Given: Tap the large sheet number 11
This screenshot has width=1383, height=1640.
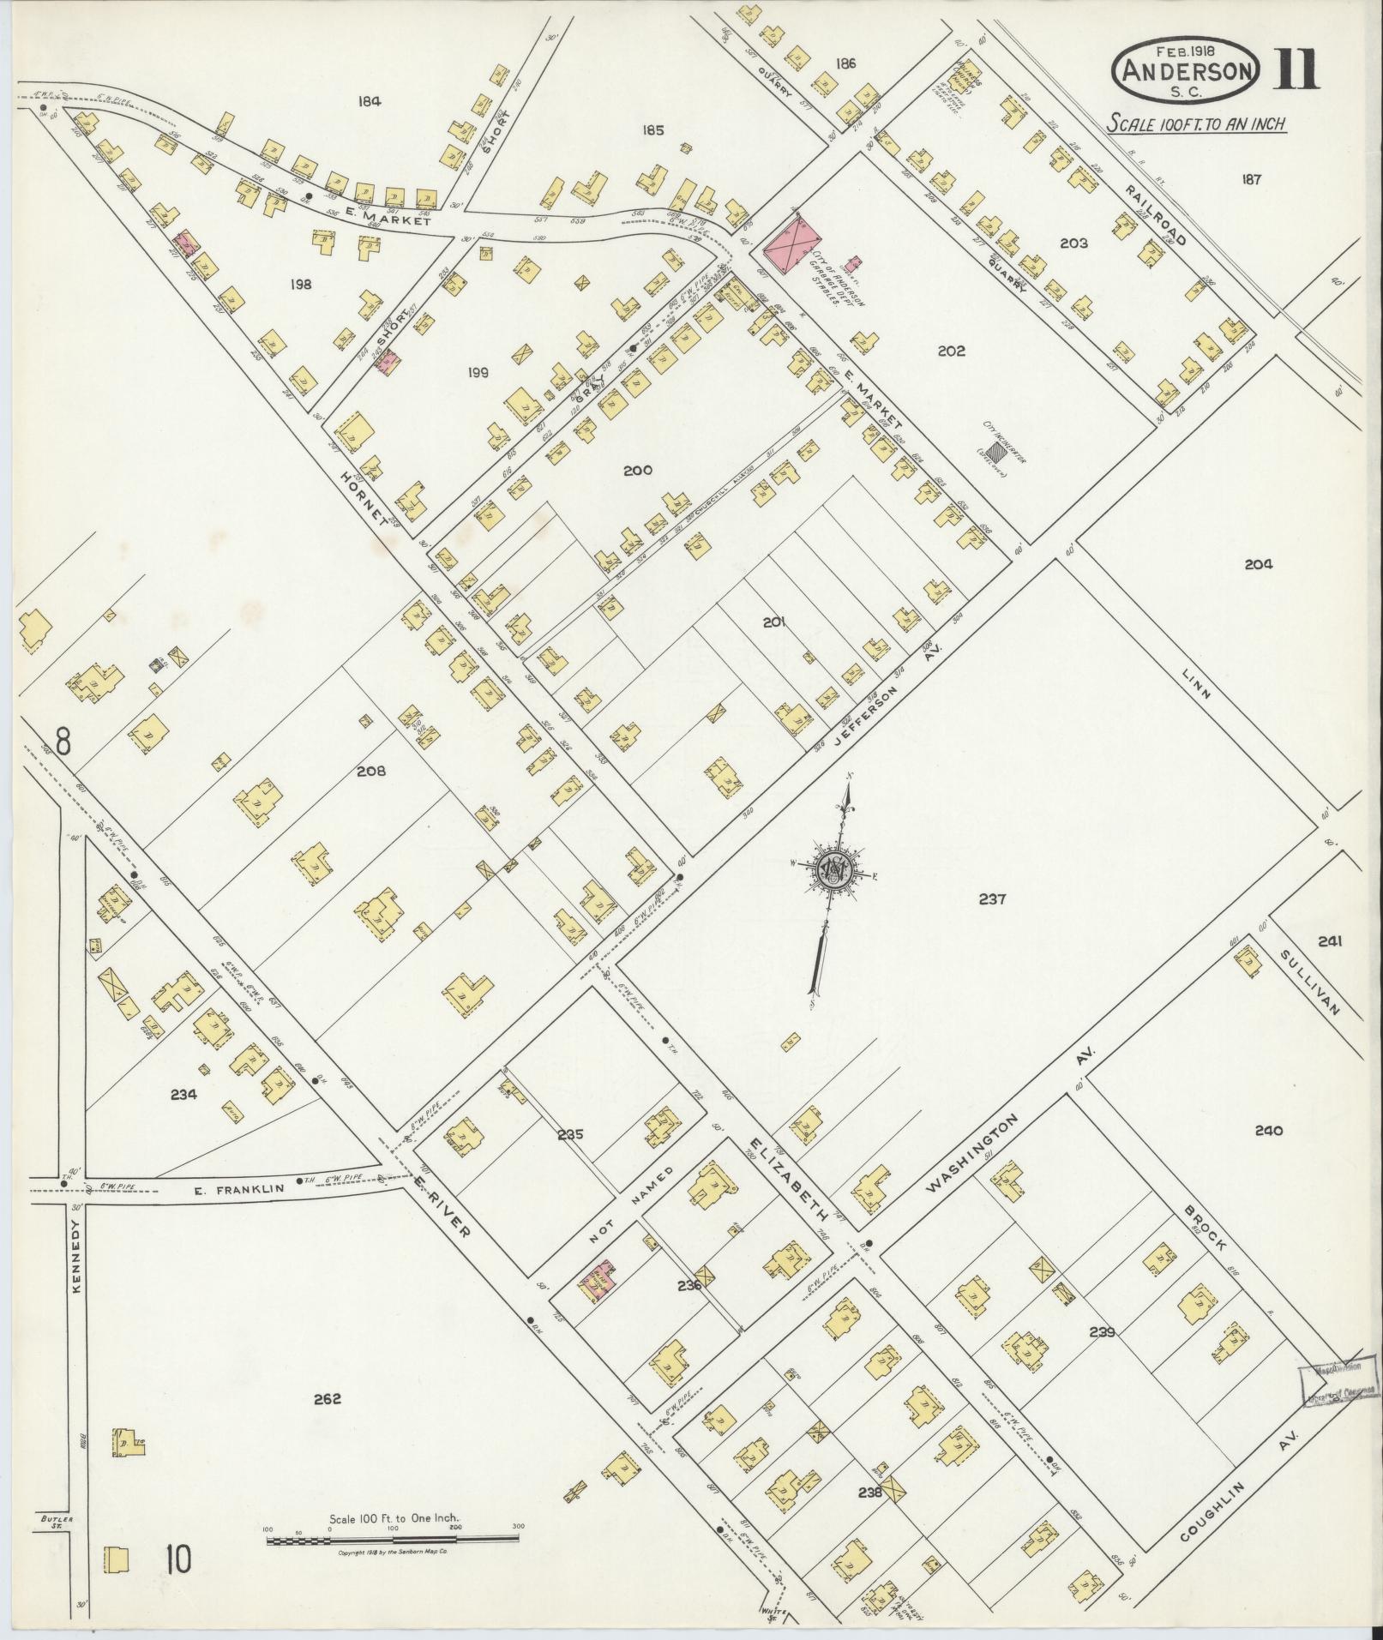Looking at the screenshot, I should pyautogui.click(x=1295, y=69).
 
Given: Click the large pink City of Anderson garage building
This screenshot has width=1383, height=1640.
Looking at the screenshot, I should pyautogui.click(x=789, y=244).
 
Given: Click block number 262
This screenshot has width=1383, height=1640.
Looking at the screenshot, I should pyautogui.click(x=327, y=1399).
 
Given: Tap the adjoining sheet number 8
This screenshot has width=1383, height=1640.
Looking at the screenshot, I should pyautogui.click(x=61, y=738).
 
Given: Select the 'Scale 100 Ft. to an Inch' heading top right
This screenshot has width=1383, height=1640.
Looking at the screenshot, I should pyautogui.click(x=1195, y=123).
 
